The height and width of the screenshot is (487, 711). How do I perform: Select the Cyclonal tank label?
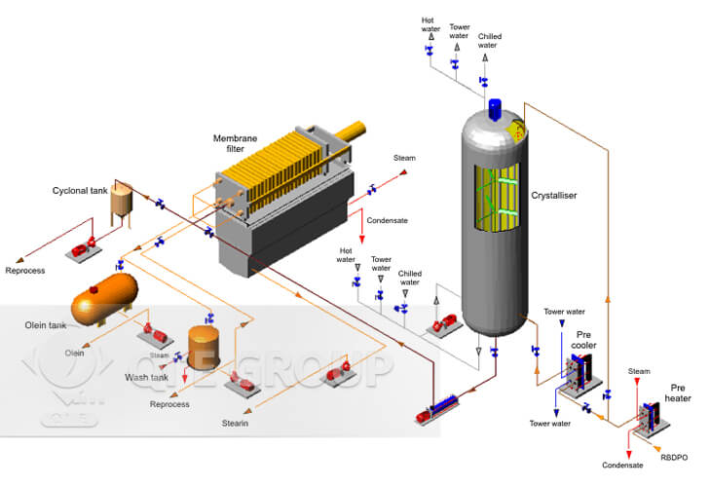pos(80,191)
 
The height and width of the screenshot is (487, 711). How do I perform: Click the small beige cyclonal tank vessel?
pos(121,200)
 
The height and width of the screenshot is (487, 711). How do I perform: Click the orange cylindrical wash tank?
pos(203,345)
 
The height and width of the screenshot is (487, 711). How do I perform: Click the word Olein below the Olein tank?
pos(74,353)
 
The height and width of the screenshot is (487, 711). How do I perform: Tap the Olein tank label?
pos(46,324)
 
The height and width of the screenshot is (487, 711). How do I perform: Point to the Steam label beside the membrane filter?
pos(403,157)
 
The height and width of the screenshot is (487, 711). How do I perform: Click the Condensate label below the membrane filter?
pos(387,220)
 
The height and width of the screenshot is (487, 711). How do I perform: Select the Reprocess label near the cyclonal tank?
pos(25,270)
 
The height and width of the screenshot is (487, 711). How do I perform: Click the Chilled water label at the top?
pos(490,41)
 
